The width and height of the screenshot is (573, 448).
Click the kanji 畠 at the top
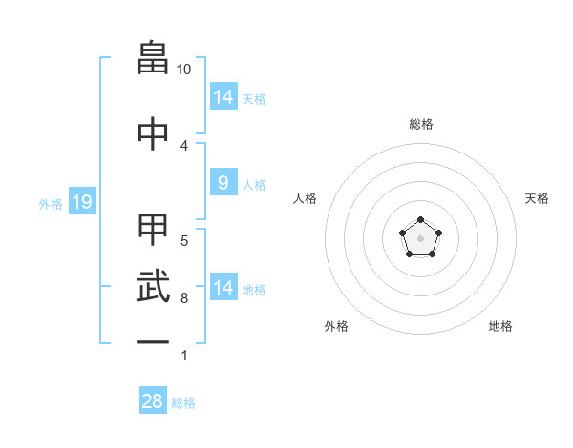tap(153, 57)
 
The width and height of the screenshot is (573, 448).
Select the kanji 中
tap(153, 133)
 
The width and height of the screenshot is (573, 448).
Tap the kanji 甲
tap(153, 230)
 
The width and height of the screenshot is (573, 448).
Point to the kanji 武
tap(153, 286)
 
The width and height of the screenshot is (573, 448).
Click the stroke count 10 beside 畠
tap(183, 70)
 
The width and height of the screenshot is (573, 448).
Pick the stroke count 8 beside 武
tap(184, 298)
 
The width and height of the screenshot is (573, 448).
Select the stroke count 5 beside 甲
tap(184, 241)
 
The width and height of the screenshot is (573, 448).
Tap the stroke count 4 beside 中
tap(184, 146)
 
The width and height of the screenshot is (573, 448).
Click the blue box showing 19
tap(82, 201)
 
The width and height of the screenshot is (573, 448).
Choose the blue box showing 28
tap(153, 399)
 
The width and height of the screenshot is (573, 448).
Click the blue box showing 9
tap(223, 182)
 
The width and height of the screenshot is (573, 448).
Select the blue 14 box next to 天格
tap(223, 96)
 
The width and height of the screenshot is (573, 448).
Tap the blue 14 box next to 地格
tap(223, 286)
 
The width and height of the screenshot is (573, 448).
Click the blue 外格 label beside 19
tap(51, 204)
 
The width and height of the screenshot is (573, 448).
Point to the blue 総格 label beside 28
tap(183, 403)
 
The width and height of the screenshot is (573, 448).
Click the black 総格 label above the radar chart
tap(421, 124)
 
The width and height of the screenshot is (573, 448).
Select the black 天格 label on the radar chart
tap(537, 198)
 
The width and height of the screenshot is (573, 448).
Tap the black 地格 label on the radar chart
tap(500, 326)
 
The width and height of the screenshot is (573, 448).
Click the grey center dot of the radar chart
tap(420, 238)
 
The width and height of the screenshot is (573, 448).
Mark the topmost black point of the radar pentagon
tap(420, 219)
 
